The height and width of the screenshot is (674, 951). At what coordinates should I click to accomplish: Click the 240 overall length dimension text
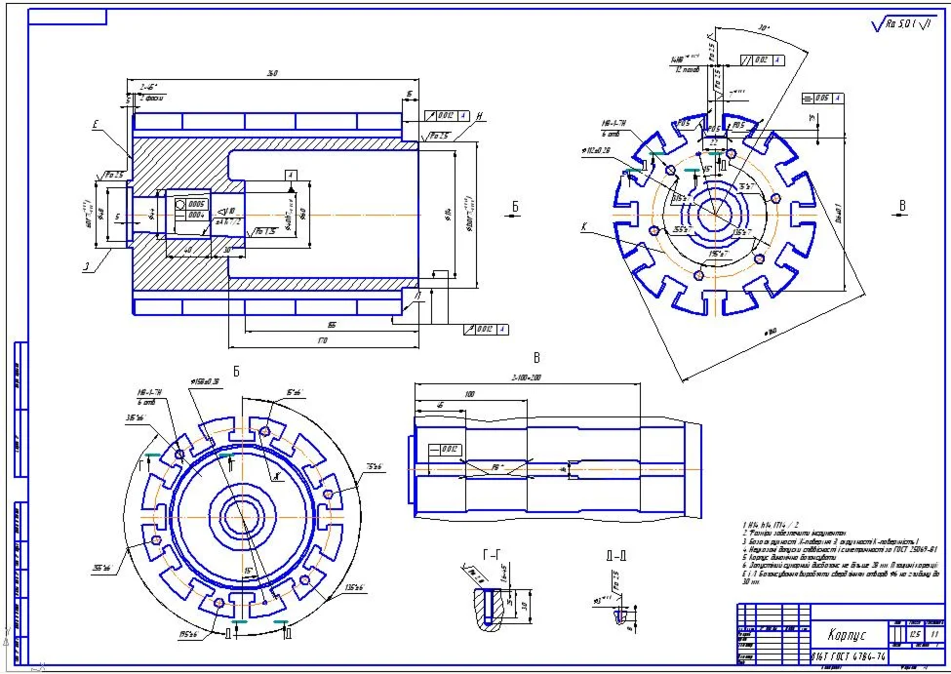click(x=271, y=73)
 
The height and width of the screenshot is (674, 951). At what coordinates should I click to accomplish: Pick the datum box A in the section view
click(x=290, y=173)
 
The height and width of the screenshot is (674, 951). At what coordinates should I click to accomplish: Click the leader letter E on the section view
click(x=95, y=124)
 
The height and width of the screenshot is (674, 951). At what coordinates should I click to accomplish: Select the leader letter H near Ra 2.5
click(x=480, y=115)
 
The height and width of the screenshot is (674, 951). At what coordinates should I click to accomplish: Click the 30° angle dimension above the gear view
click(x=764, y=29)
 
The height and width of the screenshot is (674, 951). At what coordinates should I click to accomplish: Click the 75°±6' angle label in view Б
click(x=375, y=466)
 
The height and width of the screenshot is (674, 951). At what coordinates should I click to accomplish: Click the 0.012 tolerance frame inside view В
click(x=447, y=449)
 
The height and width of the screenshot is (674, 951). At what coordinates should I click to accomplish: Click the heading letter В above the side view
click(x=535, y=357)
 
